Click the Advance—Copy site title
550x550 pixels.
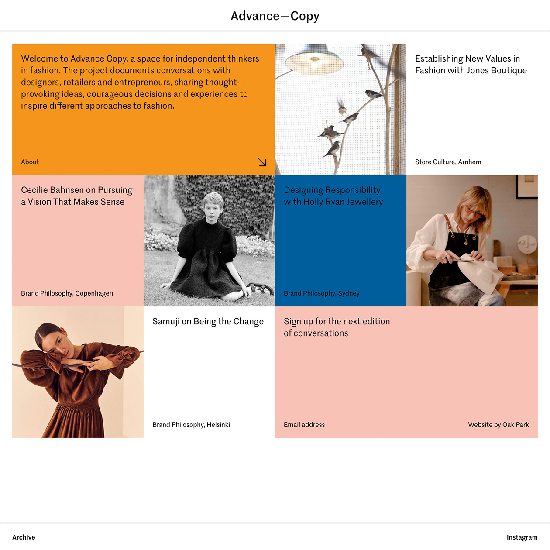[x=275, y=16]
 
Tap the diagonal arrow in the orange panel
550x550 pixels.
[x=262, y=162]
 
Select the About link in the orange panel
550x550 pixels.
[x=30, y=162]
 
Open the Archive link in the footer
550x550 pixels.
[x=24, y=537]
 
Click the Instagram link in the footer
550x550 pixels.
[x=522, y=537]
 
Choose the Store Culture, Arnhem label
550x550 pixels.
[x=448, y=162]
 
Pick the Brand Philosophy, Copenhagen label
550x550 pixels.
[x=67, y=293]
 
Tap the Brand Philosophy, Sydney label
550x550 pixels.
[x=322, y=293]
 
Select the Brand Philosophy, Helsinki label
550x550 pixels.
[x=191, y=424]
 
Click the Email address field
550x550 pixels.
[x=304, y=424]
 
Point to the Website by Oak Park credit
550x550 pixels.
[x=498, y=424]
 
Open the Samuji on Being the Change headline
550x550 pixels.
[x=208, y=321]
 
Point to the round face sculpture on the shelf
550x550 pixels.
[x=527, y=244]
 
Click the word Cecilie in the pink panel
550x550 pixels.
[x=34, y=190]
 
